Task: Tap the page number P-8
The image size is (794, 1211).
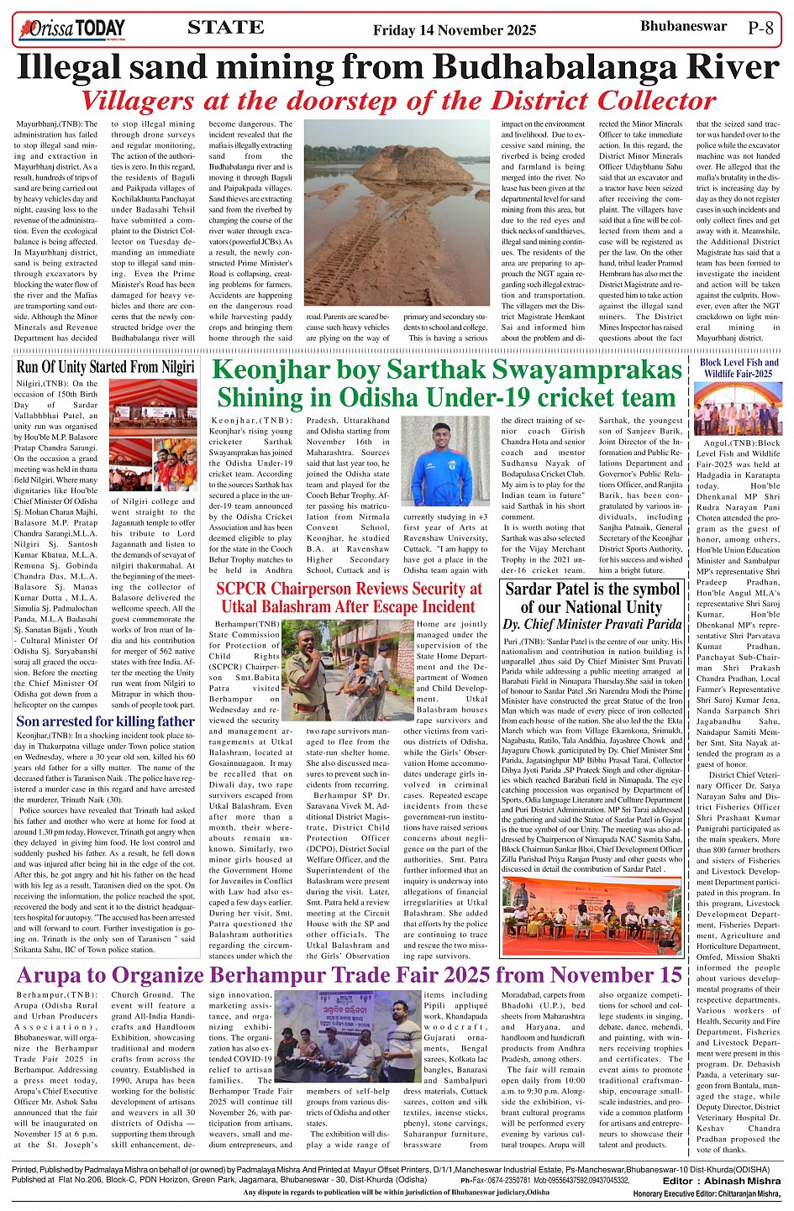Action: tap(760, 28)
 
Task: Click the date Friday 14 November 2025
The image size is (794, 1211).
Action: tap(455, 30)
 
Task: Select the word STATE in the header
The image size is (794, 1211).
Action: tap(226, 28)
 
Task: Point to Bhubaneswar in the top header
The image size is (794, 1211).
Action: tap(683, 26)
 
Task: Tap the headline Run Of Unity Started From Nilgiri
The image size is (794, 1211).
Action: tap(105, 366)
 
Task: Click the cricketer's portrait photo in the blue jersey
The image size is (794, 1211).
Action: tap(443, 460)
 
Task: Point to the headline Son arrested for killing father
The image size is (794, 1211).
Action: tap(105, 721)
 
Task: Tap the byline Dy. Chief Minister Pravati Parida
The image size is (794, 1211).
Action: tap(592, 624)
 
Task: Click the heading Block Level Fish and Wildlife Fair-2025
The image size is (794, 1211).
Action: tap(739, 368)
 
